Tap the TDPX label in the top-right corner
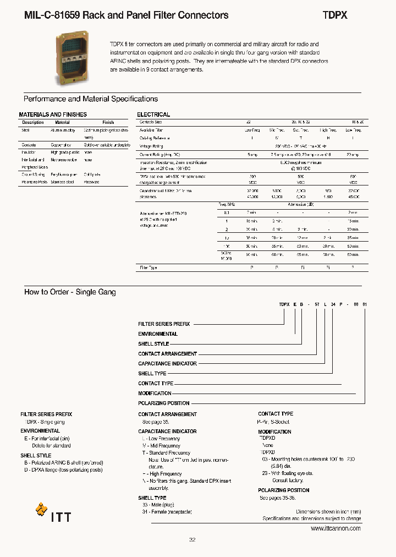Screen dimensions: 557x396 pos(334,15)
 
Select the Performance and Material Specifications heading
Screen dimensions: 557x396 pos(91,99)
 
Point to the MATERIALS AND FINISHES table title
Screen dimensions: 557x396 pos(53,114)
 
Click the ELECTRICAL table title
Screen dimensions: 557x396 pos(153,114)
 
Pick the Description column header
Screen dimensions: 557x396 pos(33,122)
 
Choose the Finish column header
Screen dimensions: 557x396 pos(108,122)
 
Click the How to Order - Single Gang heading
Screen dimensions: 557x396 pos(70,292)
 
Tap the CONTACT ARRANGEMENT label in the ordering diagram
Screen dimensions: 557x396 pos(167,354)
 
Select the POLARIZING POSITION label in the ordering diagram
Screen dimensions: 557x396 pos(164,403)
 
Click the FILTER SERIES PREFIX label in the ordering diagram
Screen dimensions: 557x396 pos(164,324)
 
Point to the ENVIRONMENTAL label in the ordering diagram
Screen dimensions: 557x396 pos(158,334)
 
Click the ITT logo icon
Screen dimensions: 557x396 pos(42,510)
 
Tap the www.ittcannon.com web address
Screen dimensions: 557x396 pos(335,528)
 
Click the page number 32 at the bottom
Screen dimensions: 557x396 pos(192,540)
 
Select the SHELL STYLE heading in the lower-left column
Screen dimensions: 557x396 pos(36,456)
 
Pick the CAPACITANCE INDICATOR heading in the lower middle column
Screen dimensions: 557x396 pos(167,432)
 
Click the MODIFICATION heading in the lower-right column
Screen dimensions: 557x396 pos(274,432)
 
